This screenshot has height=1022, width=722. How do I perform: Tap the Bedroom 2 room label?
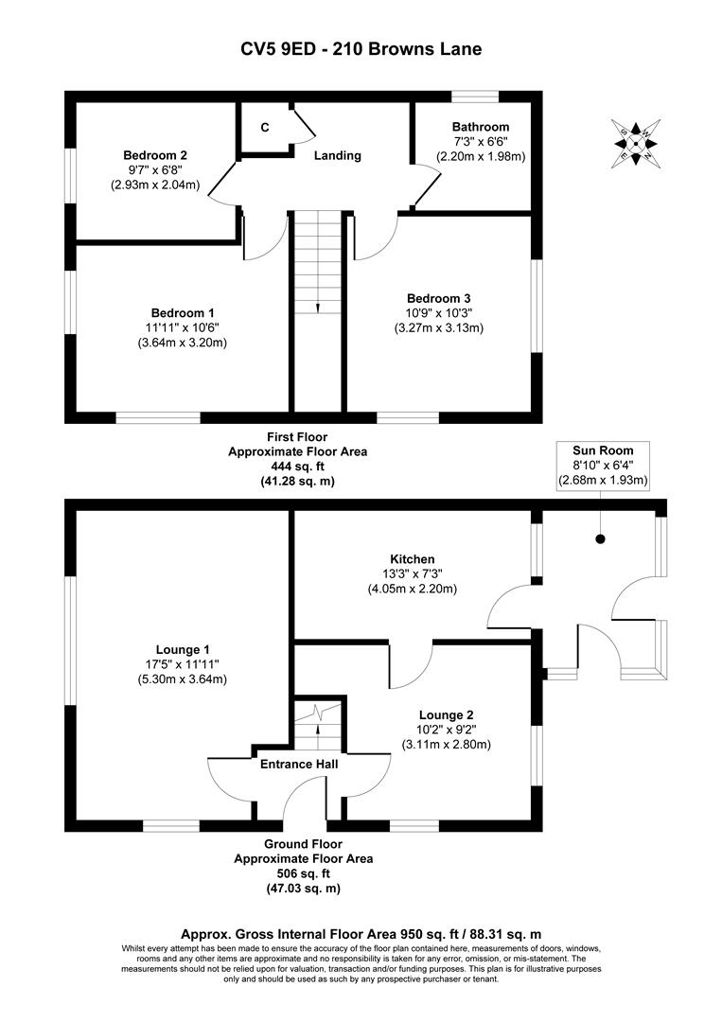[155, 155]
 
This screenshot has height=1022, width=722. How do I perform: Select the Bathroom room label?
[480, 127]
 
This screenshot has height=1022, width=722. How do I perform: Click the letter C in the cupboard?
[265, 128]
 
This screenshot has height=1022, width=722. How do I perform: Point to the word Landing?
[338, 155]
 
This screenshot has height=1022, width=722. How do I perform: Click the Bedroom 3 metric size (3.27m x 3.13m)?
[438, 328]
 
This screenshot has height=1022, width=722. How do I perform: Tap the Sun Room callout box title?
[603, 449]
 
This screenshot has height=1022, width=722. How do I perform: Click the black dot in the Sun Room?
[600, 539]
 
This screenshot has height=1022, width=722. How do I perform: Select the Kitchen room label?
[412, 559]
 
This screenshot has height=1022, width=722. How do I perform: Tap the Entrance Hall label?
[300, 763]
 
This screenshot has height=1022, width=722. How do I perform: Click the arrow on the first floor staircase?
[317, 307]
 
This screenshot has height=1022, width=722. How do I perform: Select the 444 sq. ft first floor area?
[297, 467]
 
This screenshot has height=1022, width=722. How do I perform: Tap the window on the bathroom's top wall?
[475, 96]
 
